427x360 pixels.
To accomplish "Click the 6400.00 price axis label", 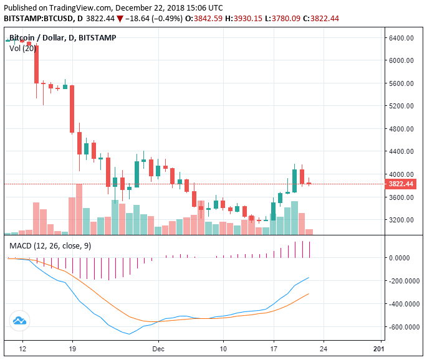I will point(402,38).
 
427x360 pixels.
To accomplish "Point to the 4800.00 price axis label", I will point(402,129).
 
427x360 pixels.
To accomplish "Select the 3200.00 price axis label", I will point(402,220).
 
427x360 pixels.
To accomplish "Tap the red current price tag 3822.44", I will point(401,184).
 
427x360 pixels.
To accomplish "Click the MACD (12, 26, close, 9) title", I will point(50,246).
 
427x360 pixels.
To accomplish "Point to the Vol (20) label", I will point(22,49).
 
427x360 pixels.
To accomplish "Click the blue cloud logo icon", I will point(19,321).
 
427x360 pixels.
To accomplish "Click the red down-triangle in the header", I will point(120,19).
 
